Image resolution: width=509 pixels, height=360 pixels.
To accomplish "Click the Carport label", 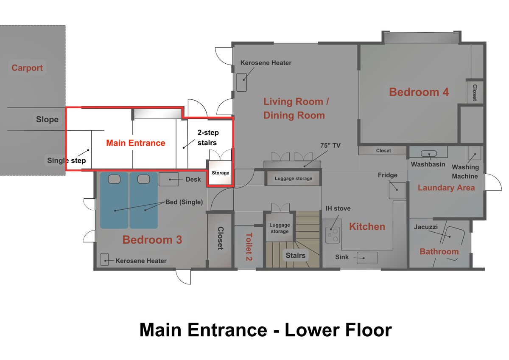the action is [27, 68].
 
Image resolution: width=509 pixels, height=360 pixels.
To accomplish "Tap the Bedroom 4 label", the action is [419, 92].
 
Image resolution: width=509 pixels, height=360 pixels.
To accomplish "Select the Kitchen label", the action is [367, 227].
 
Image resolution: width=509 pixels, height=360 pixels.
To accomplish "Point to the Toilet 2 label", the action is [249, 247].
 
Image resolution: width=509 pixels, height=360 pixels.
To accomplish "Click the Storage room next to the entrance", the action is [220, 172].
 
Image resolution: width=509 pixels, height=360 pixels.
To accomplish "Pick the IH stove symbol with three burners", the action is [333, 235].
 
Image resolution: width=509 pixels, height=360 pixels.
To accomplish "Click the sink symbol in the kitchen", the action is [367, 258].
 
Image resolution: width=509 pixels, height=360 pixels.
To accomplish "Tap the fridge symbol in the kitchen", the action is [397, 191].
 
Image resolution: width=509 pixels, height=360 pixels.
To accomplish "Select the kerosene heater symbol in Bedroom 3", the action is [104, 259].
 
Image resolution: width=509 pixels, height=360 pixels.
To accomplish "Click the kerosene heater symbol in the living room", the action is [241, 82].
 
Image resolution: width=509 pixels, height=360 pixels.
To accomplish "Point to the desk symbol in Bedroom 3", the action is [168, 179].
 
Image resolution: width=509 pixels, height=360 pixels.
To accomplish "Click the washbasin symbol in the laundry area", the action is [428, 154].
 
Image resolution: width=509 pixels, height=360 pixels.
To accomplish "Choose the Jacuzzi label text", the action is [425, 227].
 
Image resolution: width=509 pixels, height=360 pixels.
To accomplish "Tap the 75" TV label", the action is [330, 145].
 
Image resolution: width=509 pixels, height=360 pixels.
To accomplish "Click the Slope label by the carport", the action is [47, 119].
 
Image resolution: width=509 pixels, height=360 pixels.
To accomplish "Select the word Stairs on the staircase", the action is [295, 256].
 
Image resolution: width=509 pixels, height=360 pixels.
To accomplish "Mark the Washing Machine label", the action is [465, 172].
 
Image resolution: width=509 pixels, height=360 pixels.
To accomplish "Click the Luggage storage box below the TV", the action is [294, 178].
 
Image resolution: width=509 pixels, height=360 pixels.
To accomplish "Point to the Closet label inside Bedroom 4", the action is [475, 93].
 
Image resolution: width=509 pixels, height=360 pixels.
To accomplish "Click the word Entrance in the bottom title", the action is [227, 330].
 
